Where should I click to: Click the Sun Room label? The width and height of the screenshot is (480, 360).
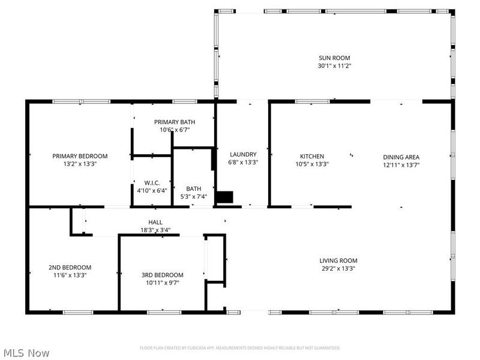coord(334,58)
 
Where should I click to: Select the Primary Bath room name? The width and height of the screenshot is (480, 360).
coord(174,122)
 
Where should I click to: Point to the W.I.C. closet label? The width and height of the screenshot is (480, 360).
coord(152,183)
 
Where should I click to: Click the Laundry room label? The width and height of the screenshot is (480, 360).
coord(242,154)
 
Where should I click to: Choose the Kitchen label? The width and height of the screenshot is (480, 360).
coord(312,156)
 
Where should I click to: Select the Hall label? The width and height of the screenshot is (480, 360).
coord(155,222)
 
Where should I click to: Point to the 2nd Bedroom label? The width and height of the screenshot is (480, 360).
coord(70,267)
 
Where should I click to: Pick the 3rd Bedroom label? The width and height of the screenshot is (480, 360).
coord(162,275)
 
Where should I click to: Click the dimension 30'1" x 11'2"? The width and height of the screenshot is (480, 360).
coord(334,66)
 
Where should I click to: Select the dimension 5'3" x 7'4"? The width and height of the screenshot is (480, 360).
coord(194,197)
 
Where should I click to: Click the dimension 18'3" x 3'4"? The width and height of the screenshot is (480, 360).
coord(155,230)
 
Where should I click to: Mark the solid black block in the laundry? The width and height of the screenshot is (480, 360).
coord(224,197)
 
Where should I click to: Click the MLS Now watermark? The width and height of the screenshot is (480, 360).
coord(27,353)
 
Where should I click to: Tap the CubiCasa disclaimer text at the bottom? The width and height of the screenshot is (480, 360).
coord(240,347)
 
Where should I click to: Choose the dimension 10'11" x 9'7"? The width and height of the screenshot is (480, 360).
coord(162,283)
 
